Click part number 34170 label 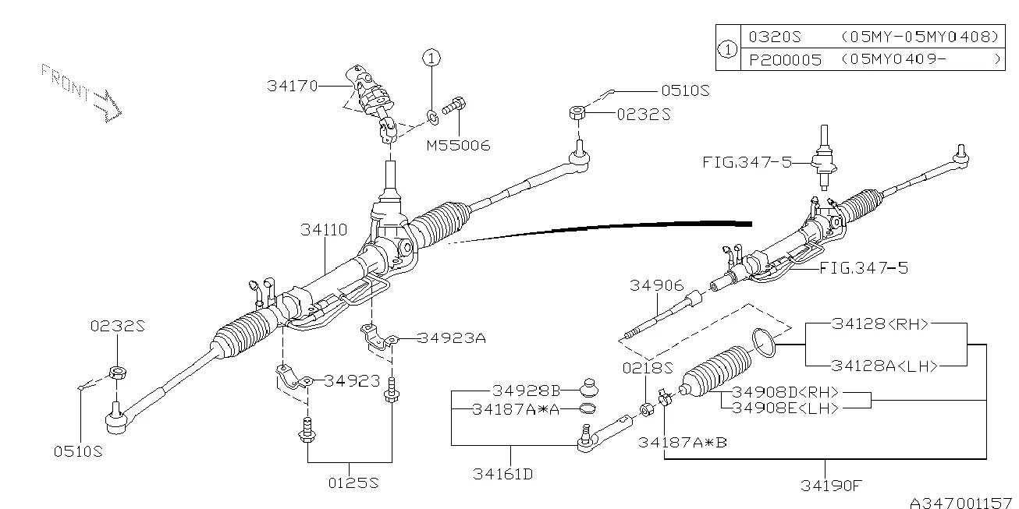(292, 87)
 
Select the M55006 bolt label (458, 145)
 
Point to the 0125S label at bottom (353, 483)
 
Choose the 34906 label (657, 286)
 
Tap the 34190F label (831, 485)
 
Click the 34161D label (502, 473)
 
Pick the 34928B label (527, 390)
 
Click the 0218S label (646, 367)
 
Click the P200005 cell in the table (785, 59)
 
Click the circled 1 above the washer (432, 57)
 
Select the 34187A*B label (682, 442)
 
